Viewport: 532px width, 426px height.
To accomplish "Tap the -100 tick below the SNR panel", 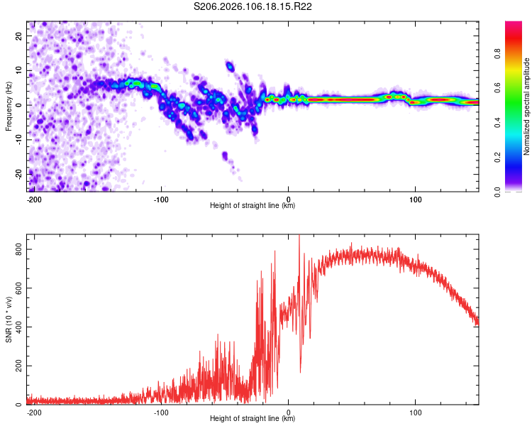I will point(160,413).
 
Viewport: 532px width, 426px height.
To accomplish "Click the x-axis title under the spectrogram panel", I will point(253,206).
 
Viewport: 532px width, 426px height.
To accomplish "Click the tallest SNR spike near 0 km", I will point(299,236).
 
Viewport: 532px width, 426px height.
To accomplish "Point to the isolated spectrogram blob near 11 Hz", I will point(230,66).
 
